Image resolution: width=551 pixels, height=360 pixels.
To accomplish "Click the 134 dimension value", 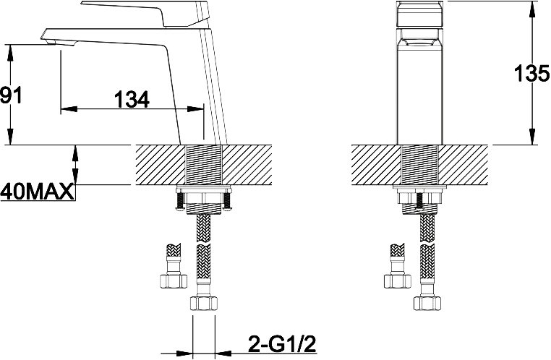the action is tap(132, 99).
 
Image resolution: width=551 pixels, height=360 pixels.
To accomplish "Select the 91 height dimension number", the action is tap(11, 95).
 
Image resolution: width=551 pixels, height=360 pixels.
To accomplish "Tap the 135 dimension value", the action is tap(531, 74).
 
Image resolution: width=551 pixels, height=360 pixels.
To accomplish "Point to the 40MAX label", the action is tap(38, 192).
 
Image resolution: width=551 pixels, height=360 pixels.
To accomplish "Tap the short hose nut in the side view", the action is tap(174, 281).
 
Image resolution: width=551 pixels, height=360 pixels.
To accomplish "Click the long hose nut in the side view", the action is tap(203, 303).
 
